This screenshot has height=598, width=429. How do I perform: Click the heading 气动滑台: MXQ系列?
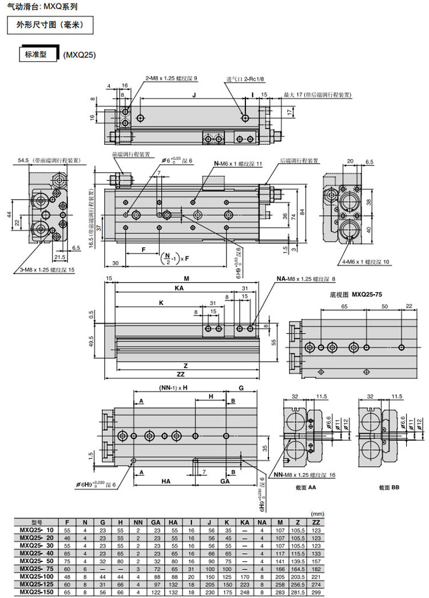(39, 7)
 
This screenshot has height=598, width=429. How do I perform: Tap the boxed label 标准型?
(39, 55)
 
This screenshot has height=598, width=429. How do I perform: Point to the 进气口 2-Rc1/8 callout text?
(245, 79)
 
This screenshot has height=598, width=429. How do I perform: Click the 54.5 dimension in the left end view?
(49, 161)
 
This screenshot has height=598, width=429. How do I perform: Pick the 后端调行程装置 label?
(300, 161)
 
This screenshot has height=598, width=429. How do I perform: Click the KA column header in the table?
(244, 522)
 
